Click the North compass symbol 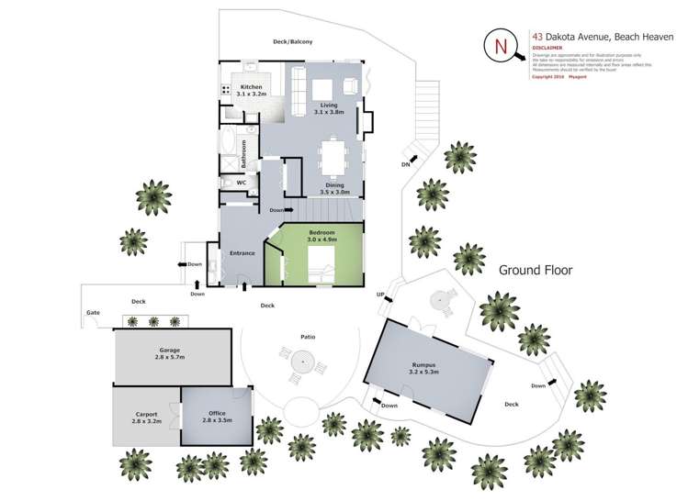(x=502, y=47)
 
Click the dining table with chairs (x=333, y=156)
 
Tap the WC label (x=242, y=183)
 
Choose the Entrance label (x=242, y=253)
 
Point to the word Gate (x=93, y=312)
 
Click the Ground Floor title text (x=536, y=270)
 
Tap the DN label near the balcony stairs (x=405, y=164)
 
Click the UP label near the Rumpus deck (x=379, y=294)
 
